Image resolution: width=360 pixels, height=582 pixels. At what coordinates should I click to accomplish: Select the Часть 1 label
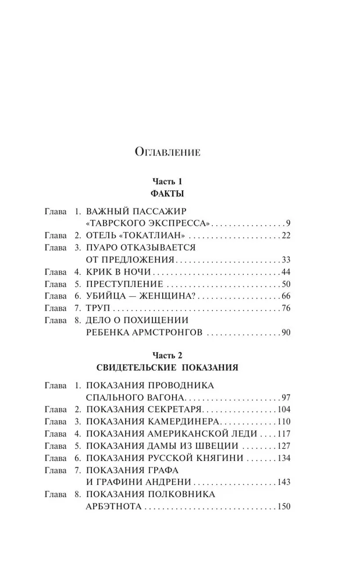tap(168, 182)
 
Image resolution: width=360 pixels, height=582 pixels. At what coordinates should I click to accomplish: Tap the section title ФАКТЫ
tap(168, 193)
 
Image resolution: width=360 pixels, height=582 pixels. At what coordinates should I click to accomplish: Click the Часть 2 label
tap(167, 354)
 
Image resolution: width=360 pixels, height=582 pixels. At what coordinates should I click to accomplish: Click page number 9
tap(287, 223)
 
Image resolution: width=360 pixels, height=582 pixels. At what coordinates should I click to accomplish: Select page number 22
tap(285, 235)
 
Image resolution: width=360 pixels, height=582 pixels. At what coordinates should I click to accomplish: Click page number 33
tap(285, 260)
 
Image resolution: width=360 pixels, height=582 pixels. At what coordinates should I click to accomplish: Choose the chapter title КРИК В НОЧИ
tap(119, 272)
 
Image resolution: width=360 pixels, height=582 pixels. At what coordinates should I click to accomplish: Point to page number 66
tap(285, 296)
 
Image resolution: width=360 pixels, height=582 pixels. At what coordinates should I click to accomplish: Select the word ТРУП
tap(98, 308)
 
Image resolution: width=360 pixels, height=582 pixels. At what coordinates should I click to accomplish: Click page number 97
tap(285, 397)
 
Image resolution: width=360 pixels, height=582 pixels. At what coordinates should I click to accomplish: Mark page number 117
tap(283, 434)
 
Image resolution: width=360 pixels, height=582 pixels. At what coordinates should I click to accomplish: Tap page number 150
tap(283, 508)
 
